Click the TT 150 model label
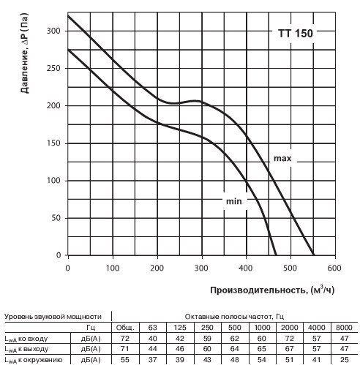296,34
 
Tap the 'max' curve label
282,159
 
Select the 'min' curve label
234,201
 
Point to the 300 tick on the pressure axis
53,31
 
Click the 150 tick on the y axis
53,143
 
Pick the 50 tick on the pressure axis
56,218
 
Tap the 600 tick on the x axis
334,268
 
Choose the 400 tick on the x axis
245,268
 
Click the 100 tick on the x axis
112,268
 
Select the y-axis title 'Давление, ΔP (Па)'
25,53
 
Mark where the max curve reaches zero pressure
314,255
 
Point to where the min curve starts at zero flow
68,50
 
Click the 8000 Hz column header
344,327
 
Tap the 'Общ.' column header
125,327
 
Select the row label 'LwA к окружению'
34,360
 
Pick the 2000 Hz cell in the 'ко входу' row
289,339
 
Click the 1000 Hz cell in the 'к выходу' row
262,349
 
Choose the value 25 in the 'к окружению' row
344,360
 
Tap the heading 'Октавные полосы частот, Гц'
234,317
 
